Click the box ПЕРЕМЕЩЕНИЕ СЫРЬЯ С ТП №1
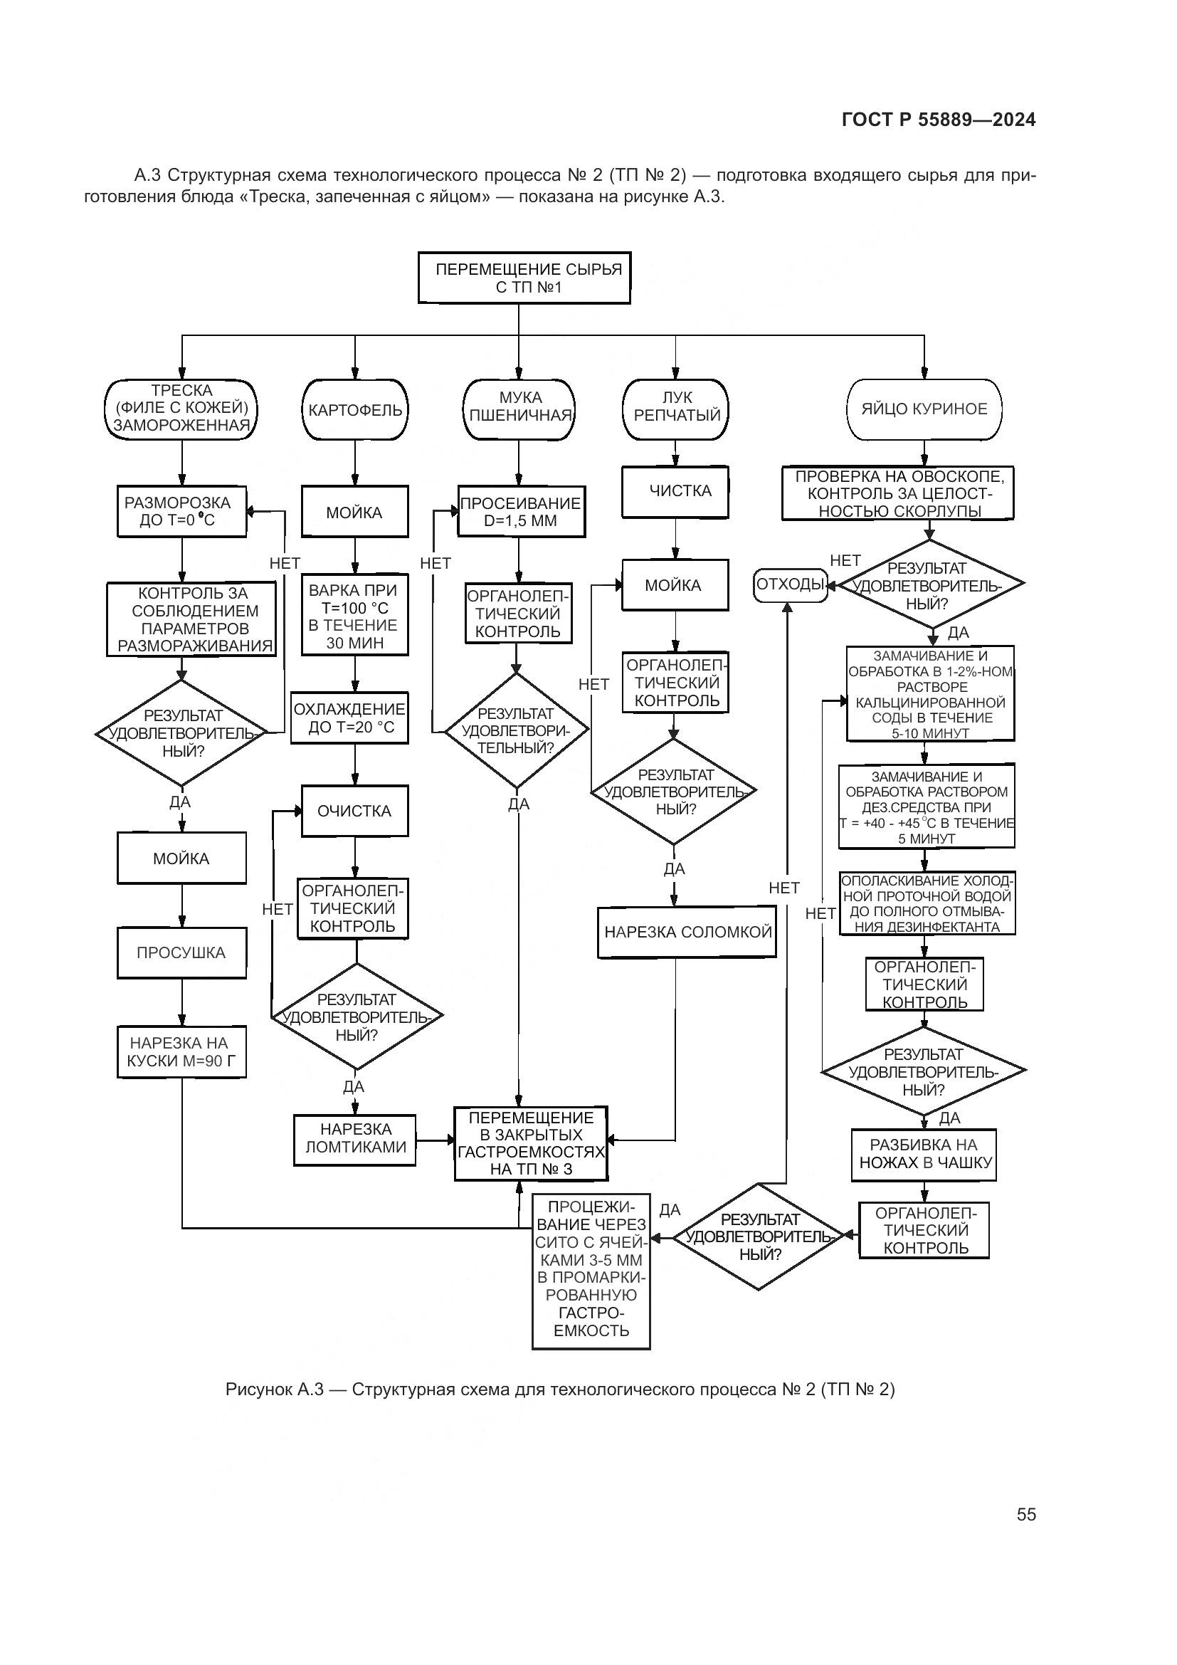(524, 278)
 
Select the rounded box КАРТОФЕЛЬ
(354, 410)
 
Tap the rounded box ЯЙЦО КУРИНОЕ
(924, 409)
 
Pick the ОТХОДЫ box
(790, 584)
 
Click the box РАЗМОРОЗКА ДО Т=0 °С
(181, 511)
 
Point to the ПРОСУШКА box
(181, 953)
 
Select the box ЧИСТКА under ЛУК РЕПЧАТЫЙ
(675, 492)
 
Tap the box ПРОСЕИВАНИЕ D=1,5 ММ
(520, 511)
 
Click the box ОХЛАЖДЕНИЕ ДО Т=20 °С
(349, 718)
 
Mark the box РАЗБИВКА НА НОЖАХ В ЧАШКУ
(924, 1154)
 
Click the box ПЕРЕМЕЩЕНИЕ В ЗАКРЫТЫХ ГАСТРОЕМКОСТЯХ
(531, 1144)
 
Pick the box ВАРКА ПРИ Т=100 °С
(354, 616)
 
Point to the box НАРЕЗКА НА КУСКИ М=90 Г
(181, 1052)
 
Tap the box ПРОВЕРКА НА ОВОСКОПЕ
(897, 494)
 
